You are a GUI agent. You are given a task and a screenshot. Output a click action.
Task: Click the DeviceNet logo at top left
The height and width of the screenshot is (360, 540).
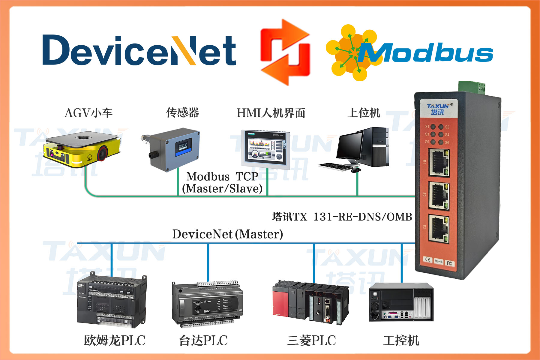[x=139, y=50]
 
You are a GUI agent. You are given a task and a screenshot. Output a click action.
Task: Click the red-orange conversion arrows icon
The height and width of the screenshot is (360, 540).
[x=285, y=52]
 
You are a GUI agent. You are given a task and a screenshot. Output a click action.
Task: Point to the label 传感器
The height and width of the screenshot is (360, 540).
[x=182, y=113]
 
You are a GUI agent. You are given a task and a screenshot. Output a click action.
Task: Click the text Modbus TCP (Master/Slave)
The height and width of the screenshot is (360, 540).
[x=222, y=182]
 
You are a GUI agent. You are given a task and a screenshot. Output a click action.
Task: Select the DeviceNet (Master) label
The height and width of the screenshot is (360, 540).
[x=227, y=234]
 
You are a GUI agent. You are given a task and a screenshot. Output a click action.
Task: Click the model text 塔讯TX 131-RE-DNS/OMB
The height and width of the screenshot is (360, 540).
[x=342, y=217]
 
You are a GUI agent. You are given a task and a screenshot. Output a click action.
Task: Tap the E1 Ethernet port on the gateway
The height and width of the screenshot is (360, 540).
[x=439, y=162]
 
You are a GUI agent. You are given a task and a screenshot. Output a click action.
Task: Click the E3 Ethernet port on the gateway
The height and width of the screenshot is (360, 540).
[x=439, y=229]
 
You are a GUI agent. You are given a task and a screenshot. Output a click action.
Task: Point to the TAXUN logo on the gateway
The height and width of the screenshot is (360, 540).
[x=438, y=109]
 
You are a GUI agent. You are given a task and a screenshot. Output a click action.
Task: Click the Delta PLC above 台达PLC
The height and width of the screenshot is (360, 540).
[x=207, y=304]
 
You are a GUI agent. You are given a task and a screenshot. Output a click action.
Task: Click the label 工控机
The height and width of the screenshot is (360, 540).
[x=401, y=340]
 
